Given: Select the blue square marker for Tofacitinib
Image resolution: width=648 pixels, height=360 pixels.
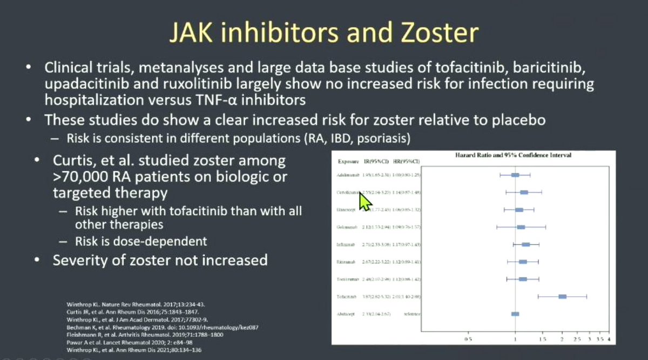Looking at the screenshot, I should [563, 296].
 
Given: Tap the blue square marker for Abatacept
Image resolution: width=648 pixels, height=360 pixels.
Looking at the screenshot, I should [515, 314].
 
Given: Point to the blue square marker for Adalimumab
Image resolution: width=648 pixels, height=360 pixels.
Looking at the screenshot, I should [515, 175].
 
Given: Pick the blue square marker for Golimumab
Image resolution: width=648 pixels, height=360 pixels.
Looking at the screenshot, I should [521, 227].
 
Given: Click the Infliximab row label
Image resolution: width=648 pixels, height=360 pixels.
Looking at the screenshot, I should [348, 244].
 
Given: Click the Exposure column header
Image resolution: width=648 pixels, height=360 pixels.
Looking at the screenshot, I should [349, 161].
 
